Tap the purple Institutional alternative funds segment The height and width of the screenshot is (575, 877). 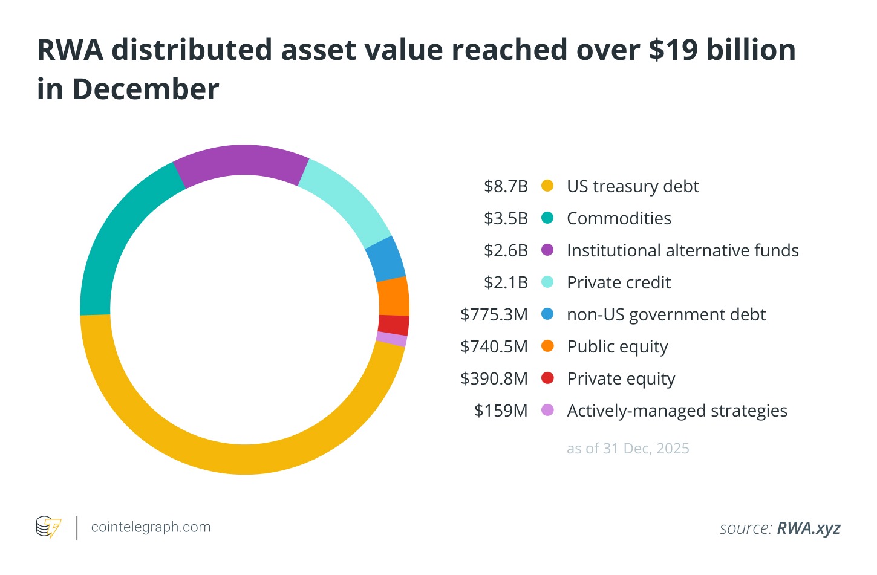(242, 161)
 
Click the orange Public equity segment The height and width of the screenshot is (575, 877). (393, 296)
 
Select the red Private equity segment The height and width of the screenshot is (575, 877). (394, 325)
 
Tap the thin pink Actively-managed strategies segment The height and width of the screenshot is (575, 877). (392, 339)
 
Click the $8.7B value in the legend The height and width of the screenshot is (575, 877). (506, 186)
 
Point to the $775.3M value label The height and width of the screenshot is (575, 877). (494, 314)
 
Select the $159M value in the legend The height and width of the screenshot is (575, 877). (501, 411)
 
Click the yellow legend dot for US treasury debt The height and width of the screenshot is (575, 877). (547, 186)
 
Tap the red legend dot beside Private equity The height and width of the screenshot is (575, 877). (547, 378)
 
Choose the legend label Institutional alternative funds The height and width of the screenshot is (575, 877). (682, 250)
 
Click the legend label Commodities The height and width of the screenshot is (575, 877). (619, 218)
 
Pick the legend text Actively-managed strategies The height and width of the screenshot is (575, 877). (677, 411)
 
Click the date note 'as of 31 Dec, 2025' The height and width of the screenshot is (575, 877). (628, 449)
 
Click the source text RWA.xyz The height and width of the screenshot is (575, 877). (808, 528)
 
